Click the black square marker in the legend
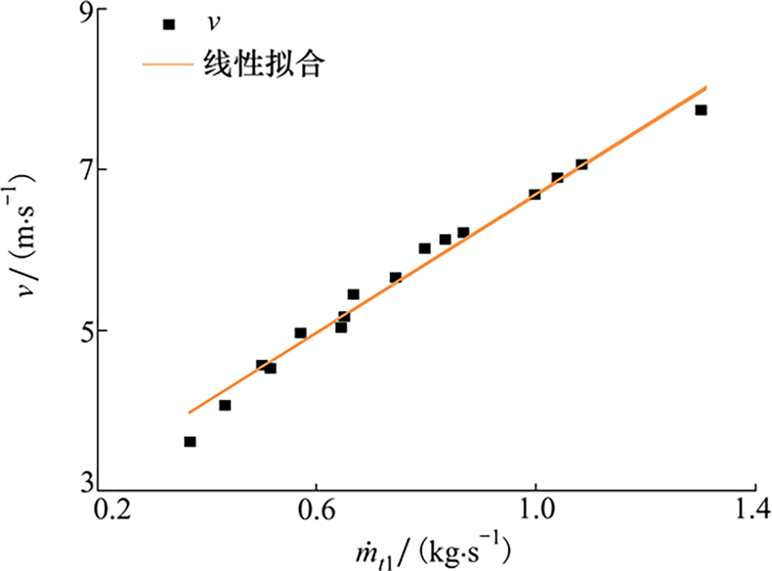[169, 24]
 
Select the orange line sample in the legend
[167, 64]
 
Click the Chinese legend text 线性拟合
[261, 64]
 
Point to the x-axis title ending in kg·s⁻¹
[425, 551]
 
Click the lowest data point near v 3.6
[190, 442]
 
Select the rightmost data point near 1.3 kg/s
[701, 110]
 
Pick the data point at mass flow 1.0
[535, 194]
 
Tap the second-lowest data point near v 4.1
[225, 406]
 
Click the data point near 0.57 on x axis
[300, 333]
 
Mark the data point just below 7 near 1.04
[557, 178]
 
